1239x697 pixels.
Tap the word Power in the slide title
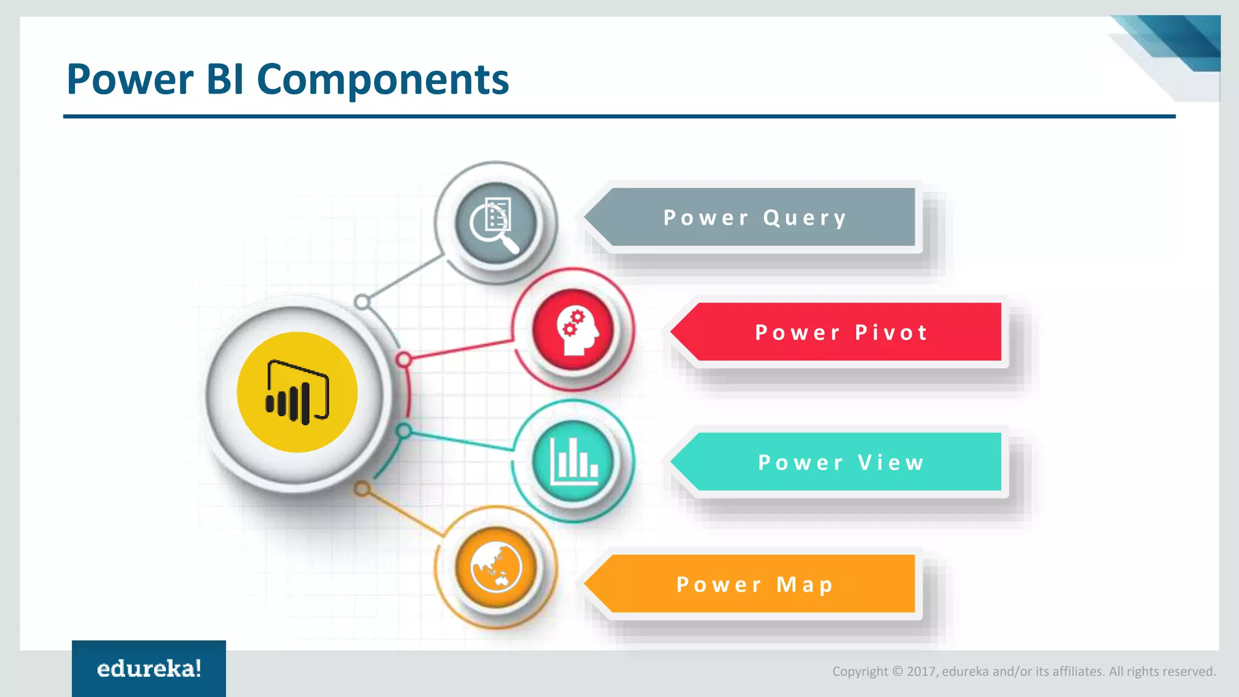(130, 80)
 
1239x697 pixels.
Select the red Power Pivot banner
(841, 332)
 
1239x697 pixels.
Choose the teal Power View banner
(841, 462)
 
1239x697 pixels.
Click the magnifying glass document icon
(495, 222)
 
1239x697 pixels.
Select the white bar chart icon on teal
(574, 461)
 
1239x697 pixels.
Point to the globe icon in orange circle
(496, 567)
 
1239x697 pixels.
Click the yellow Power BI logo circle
(297, 392)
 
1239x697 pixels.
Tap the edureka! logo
(149, 669)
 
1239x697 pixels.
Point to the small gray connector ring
(362, 301)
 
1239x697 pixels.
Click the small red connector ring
(404, 360)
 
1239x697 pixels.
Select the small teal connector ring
(404, 431)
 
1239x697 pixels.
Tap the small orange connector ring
(362, 488)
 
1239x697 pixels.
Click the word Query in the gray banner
(805, 218)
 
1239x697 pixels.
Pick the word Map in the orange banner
(805, 584)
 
